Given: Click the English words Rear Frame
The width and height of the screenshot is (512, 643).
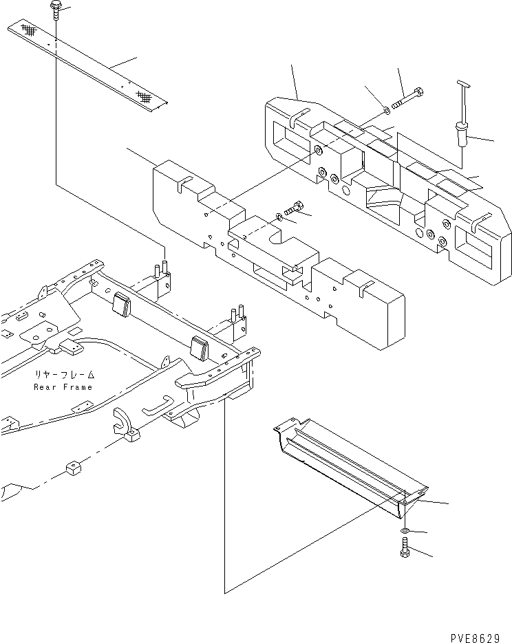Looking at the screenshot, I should (63, 387).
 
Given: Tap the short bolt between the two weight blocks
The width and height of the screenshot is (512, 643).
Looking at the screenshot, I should (295, 206).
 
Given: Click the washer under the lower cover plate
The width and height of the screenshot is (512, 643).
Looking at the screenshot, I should (407, 532).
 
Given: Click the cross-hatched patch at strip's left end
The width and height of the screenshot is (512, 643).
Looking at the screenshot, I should (28, 30).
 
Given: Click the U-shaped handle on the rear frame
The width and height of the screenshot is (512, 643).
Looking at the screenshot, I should (158, 406).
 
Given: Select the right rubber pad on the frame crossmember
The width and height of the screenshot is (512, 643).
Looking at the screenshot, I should (200, 347).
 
